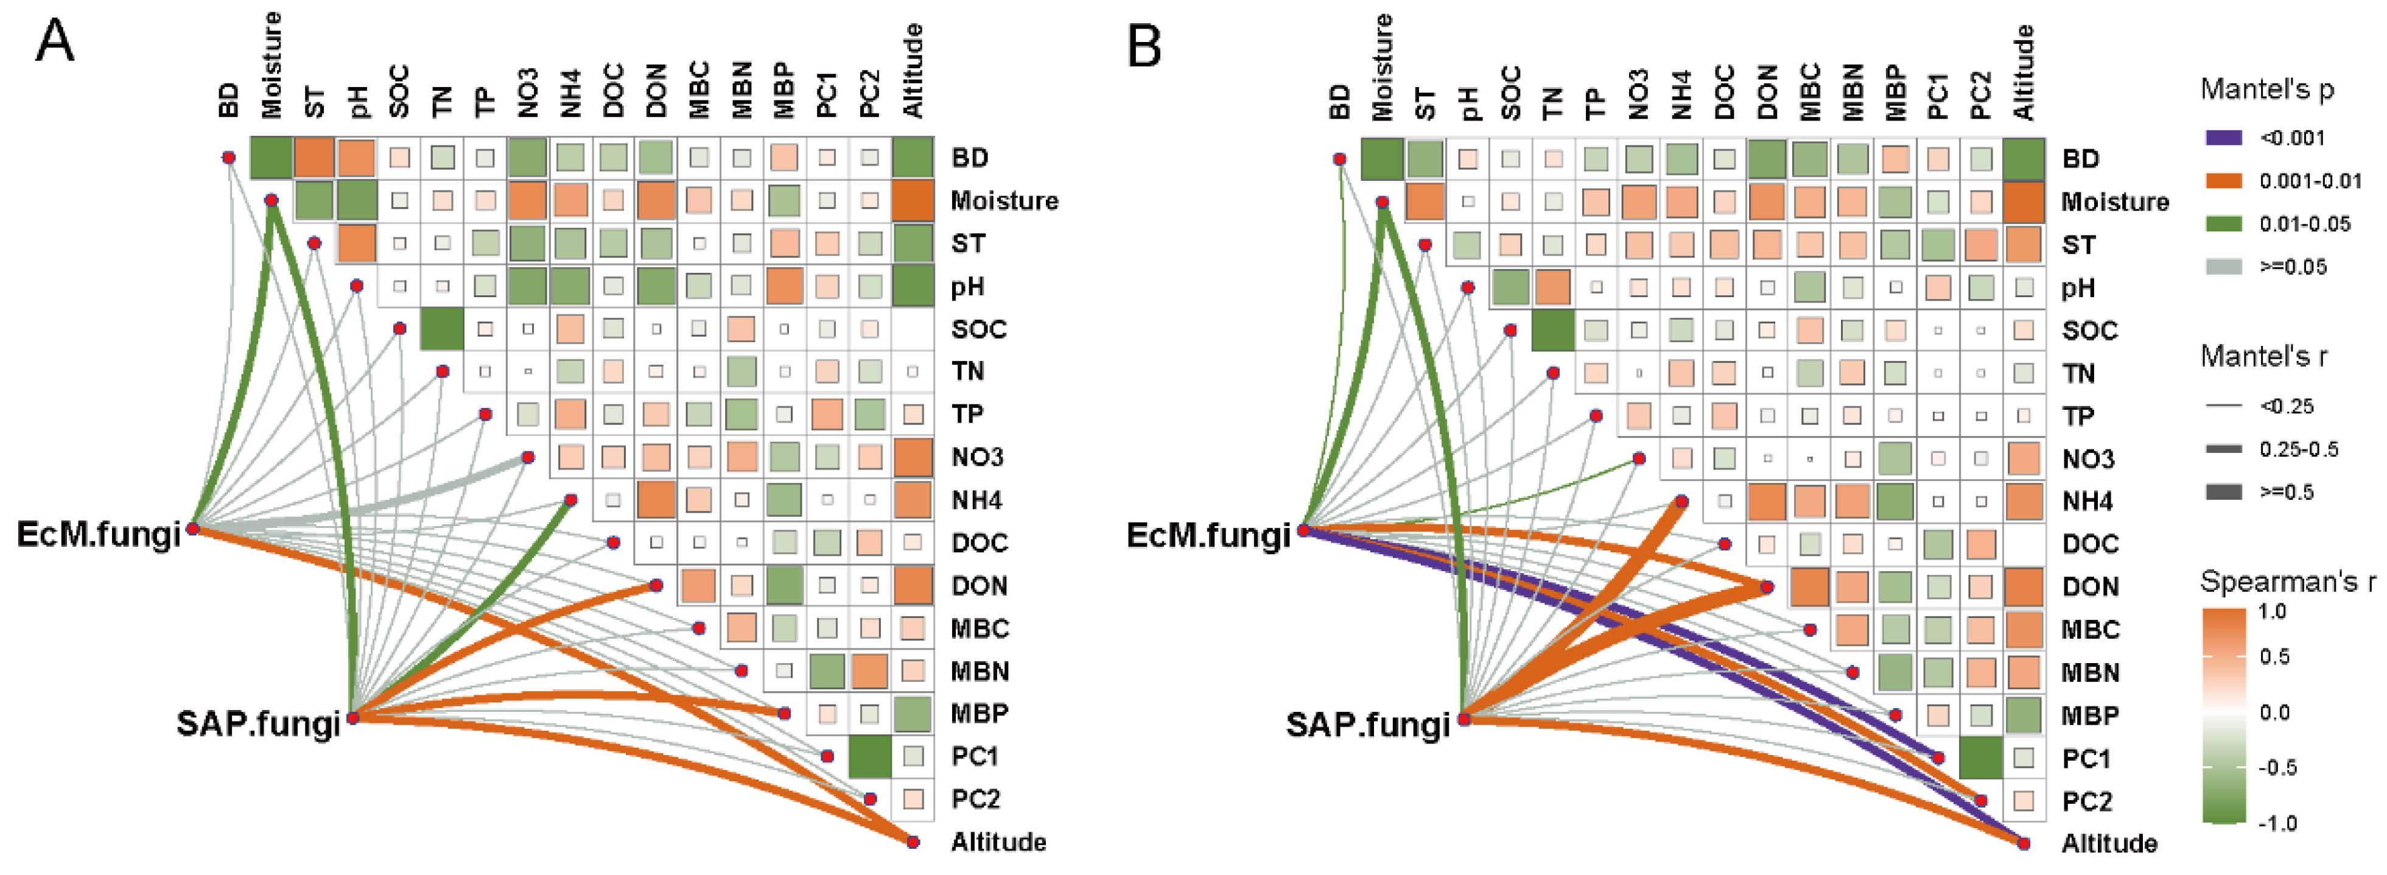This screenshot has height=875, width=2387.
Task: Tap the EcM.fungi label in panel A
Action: tap(98, 534)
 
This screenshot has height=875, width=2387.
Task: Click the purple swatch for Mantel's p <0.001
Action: tap(2222, 138)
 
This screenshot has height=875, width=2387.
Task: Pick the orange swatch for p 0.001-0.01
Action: tap(2222, 181)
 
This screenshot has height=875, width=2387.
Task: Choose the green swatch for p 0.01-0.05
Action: tap(2222, 223)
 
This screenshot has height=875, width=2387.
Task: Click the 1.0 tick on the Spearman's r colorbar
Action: tap(2273, 612)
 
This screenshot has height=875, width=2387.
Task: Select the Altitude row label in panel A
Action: tap(998, 842)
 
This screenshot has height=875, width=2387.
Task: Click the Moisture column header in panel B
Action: tap(1381, 67)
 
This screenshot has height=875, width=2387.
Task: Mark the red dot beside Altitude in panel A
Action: tap(913, 842)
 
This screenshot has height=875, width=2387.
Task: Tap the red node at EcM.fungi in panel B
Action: tap(1303, 530)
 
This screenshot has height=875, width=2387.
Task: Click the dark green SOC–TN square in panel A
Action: tap(442, 329)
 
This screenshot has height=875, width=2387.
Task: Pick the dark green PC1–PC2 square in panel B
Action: tap(1980, 758)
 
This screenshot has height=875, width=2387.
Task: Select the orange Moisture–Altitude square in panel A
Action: tap(913, 200)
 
